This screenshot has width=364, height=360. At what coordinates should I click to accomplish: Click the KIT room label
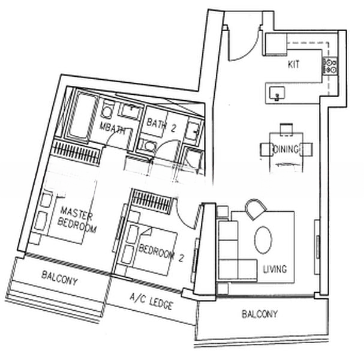(x=294, y=64)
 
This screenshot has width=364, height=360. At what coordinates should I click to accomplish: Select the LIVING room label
(x=274, y=269)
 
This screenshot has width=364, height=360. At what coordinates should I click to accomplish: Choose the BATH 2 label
(x=161, y=124)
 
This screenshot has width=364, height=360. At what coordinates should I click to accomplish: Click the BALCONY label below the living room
(x=260, y=314)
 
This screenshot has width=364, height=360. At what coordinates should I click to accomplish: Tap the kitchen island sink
(x=277, y=92)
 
